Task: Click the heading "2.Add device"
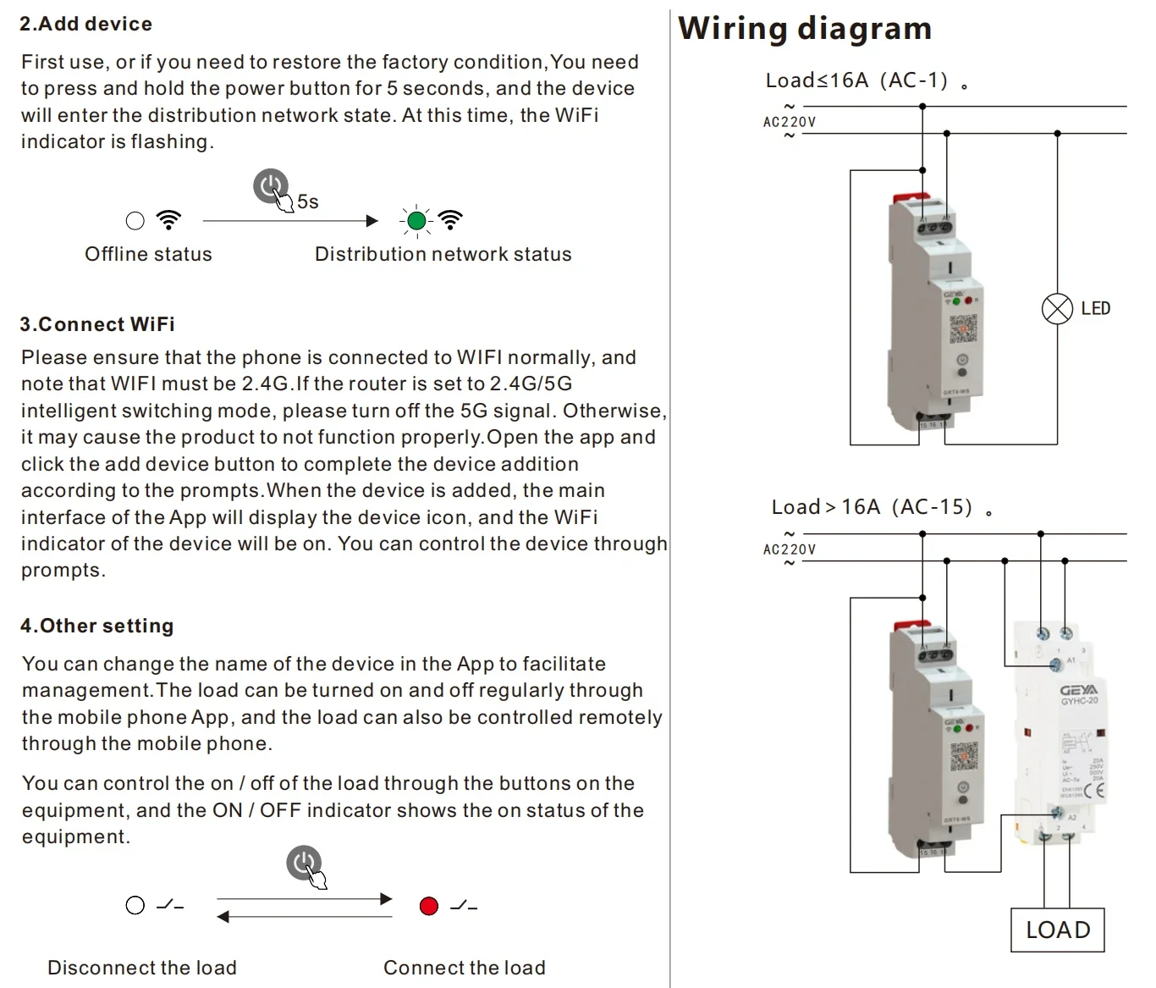coord(85,24)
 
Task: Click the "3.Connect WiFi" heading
coord(97,324)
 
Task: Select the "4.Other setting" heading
coord(96,626)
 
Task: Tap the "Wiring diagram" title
coord(804,29)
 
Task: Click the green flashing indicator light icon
coord(416,221)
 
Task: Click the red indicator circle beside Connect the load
coord(429,906)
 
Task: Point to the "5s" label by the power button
coord(308,201)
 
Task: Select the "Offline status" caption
coord(148,254)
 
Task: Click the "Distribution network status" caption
coord(443,254)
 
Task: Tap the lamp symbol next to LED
coord(1057,308)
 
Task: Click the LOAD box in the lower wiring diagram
coord(1058,930)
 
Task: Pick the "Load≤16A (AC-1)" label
coord(856,80)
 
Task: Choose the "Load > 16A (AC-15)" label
coord(872,507)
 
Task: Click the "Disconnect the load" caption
coord(142,968)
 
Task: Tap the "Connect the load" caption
coord(464,968)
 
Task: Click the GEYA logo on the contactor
coord(1078,690)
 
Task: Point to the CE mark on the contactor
coord(1094,792)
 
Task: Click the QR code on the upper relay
coord(963,327)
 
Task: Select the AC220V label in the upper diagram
coord(790,122)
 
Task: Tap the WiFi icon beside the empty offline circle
coord(169,220)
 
